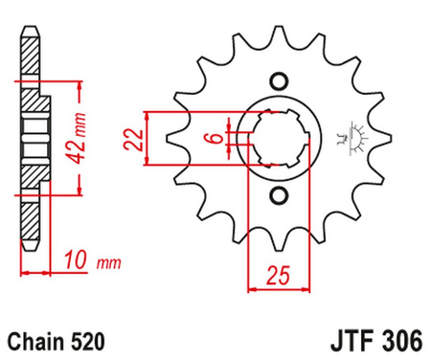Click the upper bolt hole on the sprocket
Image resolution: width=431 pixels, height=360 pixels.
point(279,79)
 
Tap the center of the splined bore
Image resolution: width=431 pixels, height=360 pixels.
point(279,138)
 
